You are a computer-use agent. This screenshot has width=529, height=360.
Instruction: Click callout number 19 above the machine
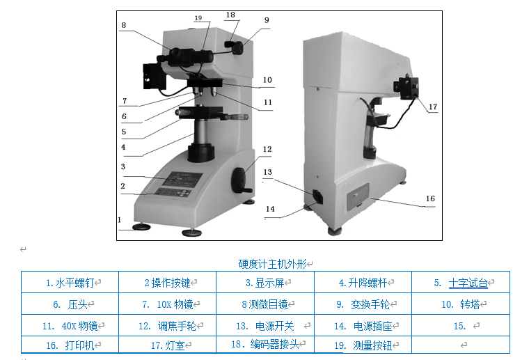(x=198, y=18)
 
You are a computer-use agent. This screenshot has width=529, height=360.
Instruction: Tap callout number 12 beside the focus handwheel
(x=267, y=149)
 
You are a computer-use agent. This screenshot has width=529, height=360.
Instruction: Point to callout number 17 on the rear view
(x=433, y=107)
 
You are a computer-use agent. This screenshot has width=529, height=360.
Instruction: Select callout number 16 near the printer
(x=430, y=198)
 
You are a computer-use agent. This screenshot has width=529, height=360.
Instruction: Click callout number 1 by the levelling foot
(x=120, y=219)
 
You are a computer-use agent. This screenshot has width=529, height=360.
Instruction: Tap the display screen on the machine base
(x=182, y=179)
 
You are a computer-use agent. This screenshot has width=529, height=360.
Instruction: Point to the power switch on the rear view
(x=318, y=197)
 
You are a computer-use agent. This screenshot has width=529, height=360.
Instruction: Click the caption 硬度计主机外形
(x=272, y=264)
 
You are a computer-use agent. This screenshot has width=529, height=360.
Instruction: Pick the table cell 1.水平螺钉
(x=70, y=283)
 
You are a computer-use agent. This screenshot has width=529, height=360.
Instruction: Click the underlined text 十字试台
(x=468, y=283)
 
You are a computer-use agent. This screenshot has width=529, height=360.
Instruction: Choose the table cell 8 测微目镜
(x=265, y=304)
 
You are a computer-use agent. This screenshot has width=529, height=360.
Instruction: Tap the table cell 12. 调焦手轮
(x=167, y=326)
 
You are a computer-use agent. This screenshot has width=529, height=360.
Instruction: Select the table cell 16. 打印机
(x=70, y=345)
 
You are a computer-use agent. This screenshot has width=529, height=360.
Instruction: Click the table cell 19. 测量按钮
(x=363, y=345)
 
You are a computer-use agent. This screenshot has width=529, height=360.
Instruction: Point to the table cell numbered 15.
(x=461, y=326)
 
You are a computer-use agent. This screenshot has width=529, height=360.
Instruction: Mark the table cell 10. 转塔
(x=461, y=304)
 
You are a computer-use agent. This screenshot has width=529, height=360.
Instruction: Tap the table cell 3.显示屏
(x=265, y=283)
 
